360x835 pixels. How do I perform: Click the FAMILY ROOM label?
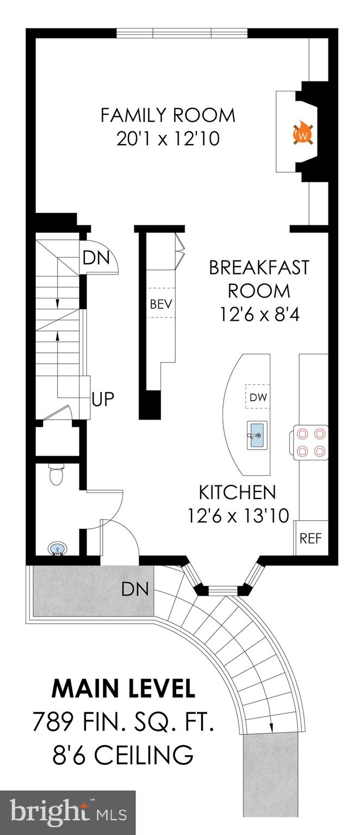tap(167, 115)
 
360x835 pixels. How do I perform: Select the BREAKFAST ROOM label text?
tap(258, 279)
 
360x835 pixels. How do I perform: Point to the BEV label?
tap(161, 304)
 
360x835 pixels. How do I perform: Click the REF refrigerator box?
tap(311, 538)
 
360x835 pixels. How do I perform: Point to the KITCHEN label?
tap(237, 493)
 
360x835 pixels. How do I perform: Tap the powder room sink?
tap(57, 549)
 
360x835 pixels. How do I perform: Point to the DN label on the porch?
tap(135, 588)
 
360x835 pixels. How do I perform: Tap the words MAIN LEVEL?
tap(123, 689)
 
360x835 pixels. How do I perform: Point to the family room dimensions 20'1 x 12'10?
tap(167, 140)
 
